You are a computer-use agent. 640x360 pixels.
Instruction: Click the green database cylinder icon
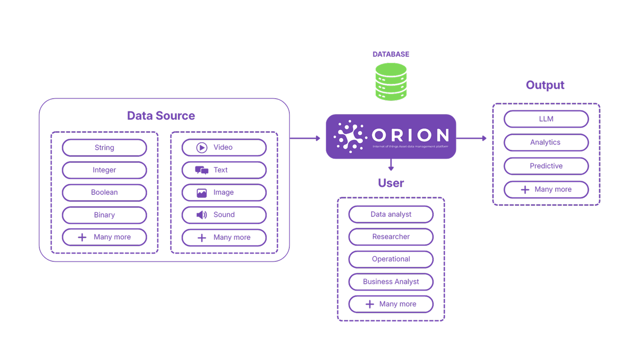[x=391, y=82]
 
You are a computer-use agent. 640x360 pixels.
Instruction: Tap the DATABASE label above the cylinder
[x=391, y=54]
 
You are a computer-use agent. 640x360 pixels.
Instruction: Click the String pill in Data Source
[x=104, y=148]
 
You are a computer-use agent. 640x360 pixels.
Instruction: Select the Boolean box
[x=104, y=192]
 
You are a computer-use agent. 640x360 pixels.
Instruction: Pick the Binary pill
[x=104, y=215]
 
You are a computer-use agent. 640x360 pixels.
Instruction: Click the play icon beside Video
[x=202, y=148]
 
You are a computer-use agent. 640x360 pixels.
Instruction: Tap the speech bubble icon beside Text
[x=202, y=170]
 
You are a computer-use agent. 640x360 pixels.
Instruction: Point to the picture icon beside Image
[x=202, y=193]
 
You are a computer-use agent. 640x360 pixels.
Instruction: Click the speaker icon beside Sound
[x=202, y=215]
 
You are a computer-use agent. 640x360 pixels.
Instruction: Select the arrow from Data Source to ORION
[x=305, y=138]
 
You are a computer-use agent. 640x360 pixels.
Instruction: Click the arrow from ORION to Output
[x=471, y=138]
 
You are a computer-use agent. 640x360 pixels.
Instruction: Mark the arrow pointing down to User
[x=391, y=165]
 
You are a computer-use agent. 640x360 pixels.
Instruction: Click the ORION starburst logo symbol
[x=350, y=137]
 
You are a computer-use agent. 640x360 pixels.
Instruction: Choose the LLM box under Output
[x=546, y=119]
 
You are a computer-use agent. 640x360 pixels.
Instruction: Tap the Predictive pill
[x=546, y=166]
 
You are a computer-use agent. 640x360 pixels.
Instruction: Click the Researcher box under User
[x=391, y=237]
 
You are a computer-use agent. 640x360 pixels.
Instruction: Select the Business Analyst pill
[x=391, y=282]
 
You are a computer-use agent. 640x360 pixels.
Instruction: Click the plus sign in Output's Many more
[x=525, y=190]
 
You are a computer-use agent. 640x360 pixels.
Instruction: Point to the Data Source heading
[x=161, y=116]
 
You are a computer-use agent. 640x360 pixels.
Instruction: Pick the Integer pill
[x=104, y=170]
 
